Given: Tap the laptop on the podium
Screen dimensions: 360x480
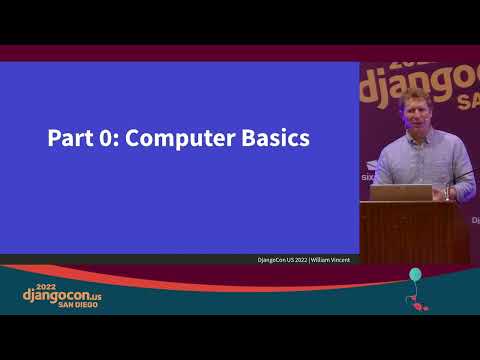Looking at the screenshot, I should click(x=400, y=192).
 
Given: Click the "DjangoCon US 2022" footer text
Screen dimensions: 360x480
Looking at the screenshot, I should click(x=282, y=260).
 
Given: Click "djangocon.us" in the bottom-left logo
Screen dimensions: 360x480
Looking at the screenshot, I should click(x=62, y=296).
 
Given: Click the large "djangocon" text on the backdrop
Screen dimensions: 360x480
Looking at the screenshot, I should click(x=420, y=80).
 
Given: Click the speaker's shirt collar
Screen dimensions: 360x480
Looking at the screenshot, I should click(x=415, y=135).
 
